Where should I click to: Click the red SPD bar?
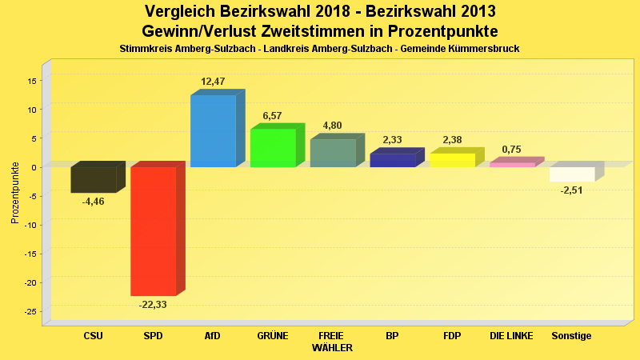[153, 230]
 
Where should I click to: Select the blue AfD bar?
[213, 130]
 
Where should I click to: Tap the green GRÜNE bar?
[273, 148]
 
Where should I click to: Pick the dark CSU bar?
[93, 179]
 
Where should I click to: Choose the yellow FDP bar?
[452, 160]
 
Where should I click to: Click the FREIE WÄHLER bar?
[333, 153]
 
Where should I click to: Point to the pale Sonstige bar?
[572, 174]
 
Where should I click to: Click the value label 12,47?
[213, 82]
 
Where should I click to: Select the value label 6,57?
[272, 116]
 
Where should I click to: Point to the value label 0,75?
[511, 150]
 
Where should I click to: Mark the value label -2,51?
[572, 190]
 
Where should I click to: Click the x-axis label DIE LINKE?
[511, 336]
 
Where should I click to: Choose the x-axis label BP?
[392, 336]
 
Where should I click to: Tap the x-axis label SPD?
[153, 336]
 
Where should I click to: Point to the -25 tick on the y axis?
[31, 311]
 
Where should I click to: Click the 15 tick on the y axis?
[33, 80]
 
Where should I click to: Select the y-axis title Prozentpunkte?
[14, 193]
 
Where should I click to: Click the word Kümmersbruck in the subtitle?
[486, 49]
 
